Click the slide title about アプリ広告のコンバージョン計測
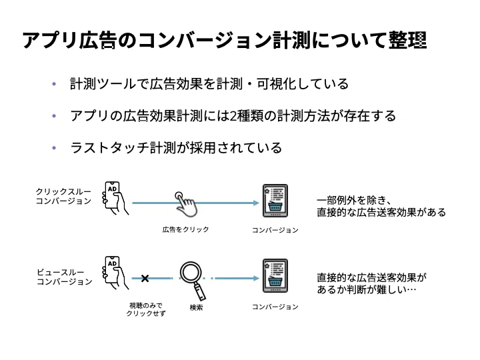click(225, 40)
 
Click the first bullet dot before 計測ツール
click(54, 85)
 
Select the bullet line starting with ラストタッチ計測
click(176, 148)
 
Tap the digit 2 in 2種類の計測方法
click(233, 117)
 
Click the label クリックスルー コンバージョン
click(63, 196)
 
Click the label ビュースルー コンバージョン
click(63, 277)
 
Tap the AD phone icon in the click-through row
click(115, 198)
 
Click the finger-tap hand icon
click(186, 205)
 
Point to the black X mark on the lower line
click(145, 278)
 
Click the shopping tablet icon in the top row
click(273, 200)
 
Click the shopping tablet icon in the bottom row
click(273, 276)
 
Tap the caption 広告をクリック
click(185, 229)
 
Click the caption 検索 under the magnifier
click(196, 307)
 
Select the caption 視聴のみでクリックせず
click(145, 309)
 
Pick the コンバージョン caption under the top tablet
click(275, 230)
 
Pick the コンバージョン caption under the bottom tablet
click(275, 307)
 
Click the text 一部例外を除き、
click(357, 200)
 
